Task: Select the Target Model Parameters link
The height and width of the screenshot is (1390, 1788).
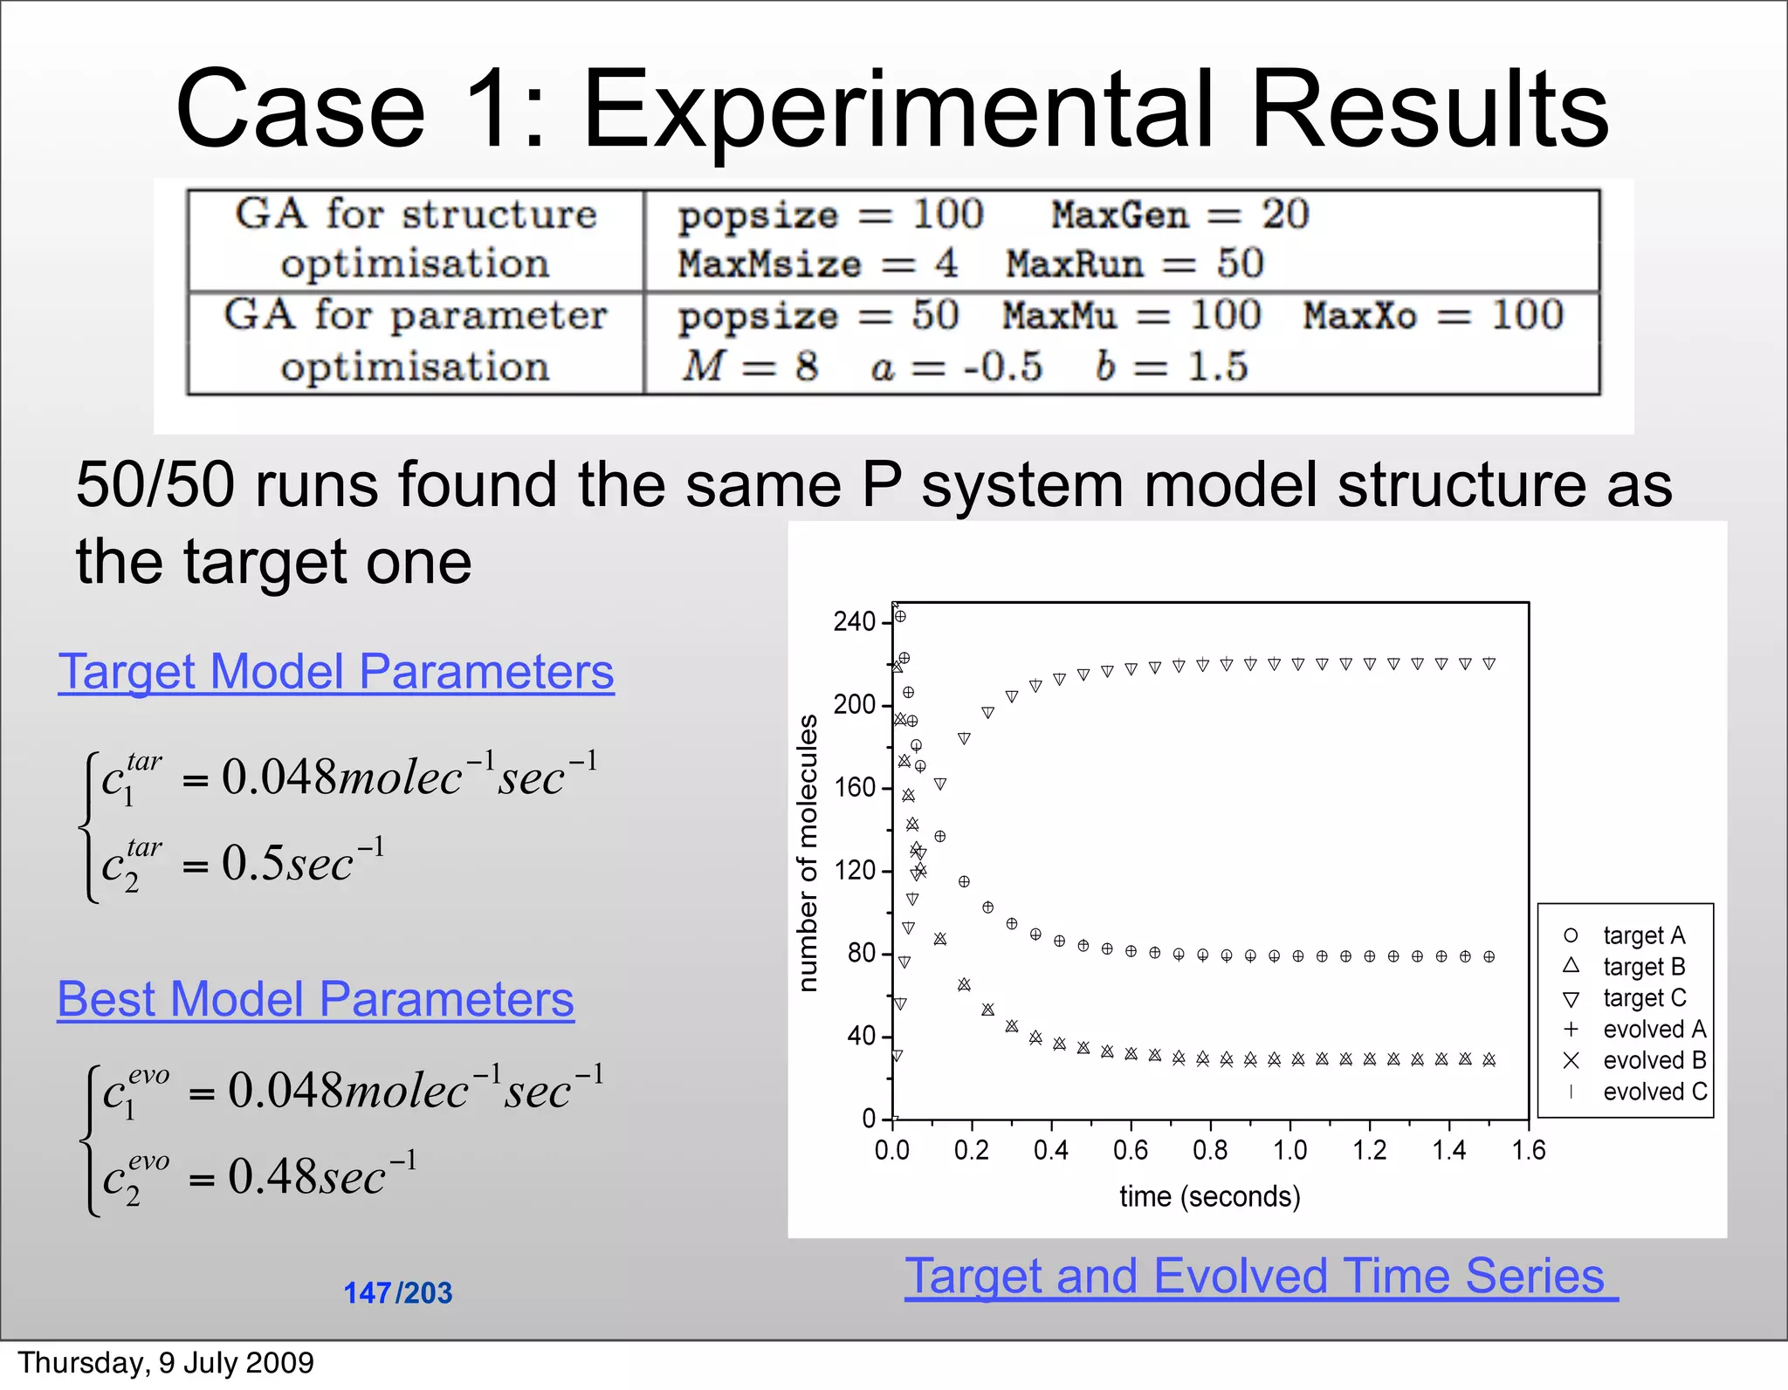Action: point(336,673)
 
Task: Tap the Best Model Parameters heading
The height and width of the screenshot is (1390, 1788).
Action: point(315,1000)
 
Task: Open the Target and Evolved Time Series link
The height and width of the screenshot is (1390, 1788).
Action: point(1261,1277)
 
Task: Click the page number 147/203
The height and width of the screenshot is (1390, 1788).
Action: point(398,1293)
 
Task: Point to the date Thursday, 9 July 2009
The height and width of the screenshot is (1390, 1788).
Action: point(166,1363)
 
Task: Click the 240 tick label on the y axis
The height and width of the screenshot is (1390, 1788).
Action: point(854,622)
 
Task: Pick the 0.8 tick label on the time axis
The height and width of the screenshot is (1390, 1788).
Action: point(1210,1151)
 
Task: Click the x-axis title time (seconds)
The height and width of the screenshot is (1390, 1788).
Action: point(1210,1196)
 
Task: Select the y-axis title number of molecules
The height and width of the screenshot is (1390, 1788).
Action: point(808,853)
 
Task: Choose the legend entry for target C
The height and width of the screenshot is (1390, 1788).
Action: point(1643,998)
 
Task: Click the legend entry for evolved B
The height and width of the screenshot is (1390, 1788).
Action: point(1654,1061)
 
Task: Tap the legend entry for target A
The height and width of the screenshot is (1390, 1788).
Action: point(1643,935)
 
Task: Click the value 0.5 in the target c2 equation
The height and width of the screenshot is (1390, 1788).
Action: point(252,864)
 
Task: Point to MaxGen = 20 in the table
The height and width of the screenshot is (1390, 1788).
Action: point(1180,215)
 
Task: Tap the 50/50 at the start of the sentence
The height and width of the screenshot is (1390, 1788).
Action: point(155,485)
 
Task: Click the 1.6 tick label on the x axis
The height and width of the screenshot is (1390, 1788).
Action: point(1529,1151)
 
